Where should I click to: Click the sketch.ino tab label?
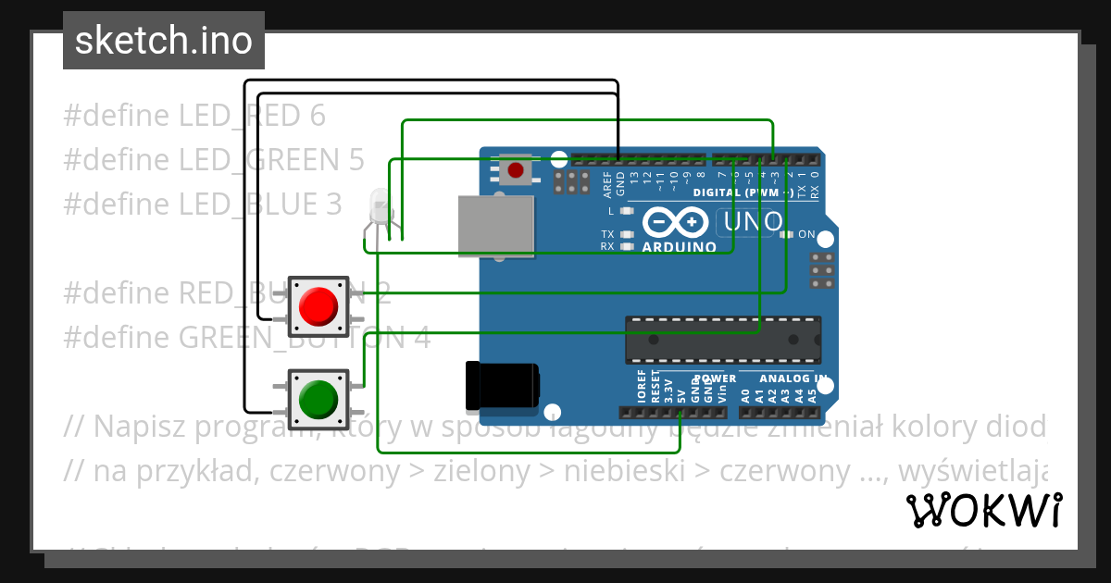pyautogui.click(x=164, y=41)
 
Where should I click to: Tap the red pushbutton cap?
pyautogui.click(x=318, y=305)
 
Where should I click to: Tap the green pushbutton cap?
pyautogui.click(x=318, y=399)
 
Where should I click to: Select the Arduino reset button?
pyautogui.click(x=516, y=170)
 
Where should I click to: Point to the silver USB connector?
pyautogui.click(x=496, y=226)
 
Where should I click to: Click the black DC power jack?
pyautogui.click(x=503, y=386)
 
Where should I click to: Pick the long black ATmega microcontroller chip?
pyautogui.click(x=722, y=339)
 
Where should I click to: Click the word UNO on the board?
pyautogui.click(x=752, y=222)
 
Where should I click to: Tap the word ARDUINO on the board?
pyautogui.click(x=680, y=247)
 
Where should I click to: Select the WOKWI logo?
pyautogui.click(x=983, y=510)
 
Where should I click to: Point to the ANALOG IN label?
pyautogui.click(x=793, y=378)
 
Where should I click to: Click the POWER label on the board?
pyautogui.click(x=715, y=378)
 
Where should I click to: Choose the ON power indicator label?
pyautogui.click(x=805, y=234)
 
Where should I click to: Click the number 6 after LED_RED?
pyautogui.click(x=318, y=116)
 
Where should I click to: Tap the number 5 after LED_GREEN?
pyautogui.click(x=356, y=160)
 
